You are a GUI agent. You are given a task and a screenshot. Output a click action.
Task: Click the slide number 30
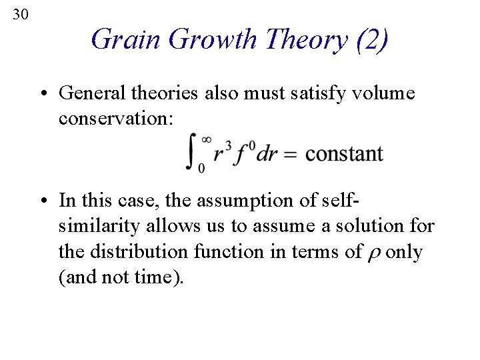point(20,13)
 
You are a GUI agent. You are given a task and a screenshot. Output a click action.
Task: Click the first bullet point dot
point(50,93)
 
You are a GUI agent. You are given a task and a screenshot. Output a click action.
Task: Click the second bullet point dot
point(50,199)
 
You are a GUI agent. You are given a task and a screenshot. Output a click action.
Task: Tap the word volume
point(382,93)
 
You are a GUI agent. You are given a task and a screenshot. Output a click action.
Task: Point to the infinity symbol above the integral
point(207,139)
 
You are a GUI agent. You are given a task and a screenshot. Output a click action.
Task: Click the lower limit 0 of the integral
point(201,169)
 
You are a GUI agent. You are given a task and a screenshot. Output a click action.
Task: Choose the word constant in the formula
point(345,155)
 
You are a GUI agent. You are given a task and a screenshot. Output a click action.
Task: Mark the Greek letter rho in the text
point(373,253)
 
